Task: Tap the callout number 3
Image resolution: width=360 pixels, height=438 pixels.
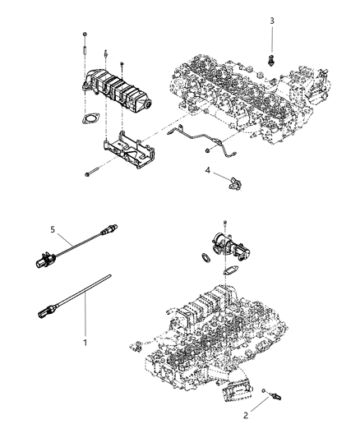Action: pos(271,20)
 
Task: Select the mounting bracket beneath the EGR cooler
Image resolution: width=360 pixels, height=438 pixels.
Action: pos(129,154)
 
